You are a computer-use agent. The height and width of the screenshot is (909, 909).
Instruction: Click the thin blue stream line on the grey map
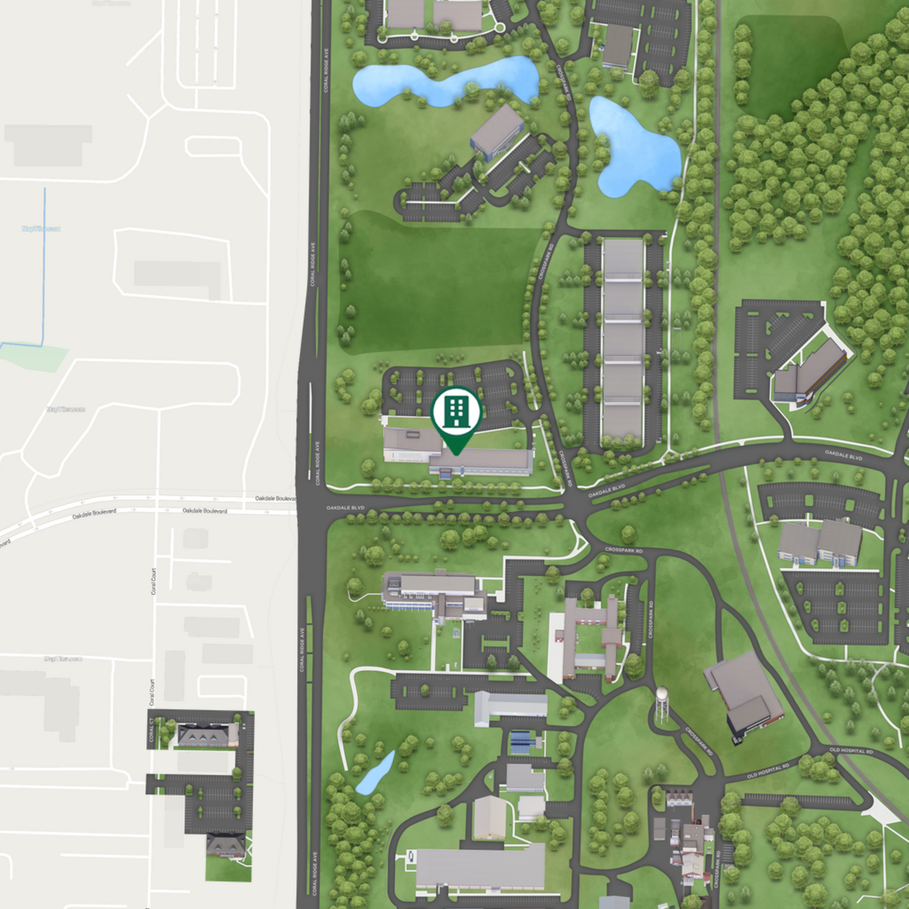coord(45,265)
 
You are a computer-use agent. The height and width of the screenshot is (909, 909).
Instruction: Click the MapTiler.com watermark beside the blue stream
coord(42,229)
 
